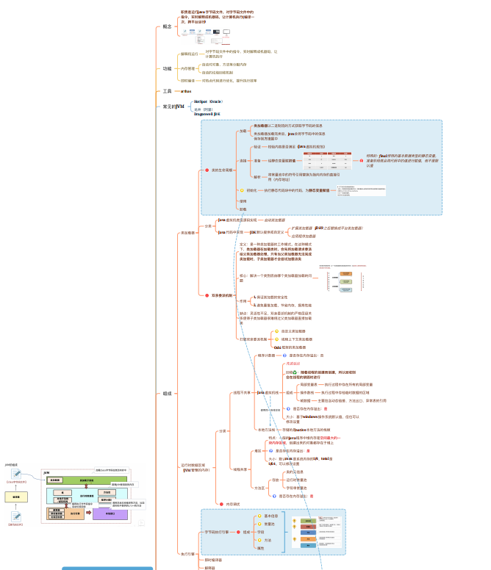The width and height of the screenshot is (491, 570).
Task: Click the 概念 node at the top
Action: (x=167, y=26)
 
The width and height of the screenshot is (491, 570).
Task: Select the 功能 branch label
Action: (x=167, y=68)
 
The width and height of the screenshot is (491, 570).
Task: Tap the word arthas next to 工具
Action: (x=187, y=91)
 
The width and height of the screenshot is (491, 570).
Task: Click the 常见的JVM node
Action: (x=173, y=107)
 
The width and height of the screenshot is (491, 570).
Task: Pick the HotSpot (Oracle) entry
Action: (x=208, y=101)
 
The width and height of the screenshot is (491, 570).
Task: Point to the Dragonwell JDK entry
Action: (x=207, y=115)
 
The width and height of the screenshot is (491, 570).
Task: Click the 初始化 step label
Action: (x=251, y=190)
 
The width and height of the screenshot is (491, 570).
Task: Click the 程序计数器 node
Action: (x=266, y=356)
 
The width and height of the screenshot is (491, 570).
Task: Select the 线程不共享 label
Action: (x=242, y=393)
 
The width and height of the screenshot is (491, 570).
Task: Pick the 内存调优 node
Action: (x=233, y=504)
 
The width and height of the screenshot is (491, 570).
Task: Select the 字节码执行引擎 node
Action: (x=217, y=532)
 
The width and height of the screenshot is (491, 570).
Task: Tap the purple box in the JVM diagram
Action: (x=107, y=514)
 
